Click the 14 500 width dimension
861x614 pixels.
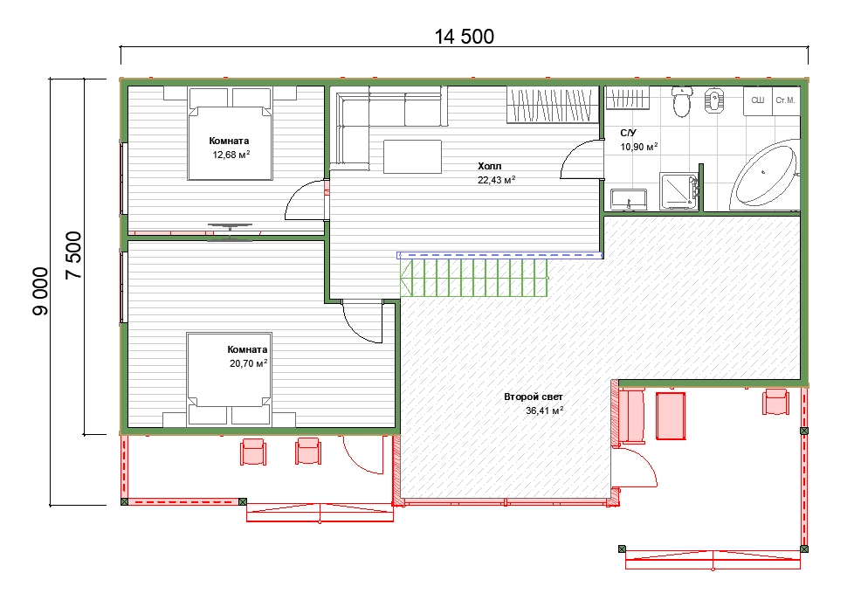click(464, 37)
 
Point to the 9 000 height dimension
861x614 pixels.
click(41, 292)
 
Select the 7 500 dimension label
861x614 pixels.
click(73, 255)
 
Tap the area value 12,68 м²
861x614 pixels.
click(231, 155)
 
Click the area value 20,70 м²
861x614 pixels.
click(249, 363)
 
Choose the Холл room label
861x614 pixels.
click(489, 166)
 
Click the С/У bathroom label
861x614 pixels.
click(628, 133)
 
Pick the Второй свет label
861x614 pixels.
click(534, 397)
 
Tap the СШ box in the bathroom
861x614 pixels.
click(758, 100)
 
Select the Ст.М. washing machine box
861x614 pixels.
click(785, 100)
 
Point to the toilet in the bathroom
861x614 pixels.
click(681, 101)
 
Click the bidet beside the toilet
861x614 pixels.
click(713, 100)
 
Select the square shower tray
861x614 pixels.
click(679, 191)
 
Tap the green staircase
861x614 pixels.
click(474, 278)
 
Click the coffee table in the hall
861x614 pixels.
click(412, 156)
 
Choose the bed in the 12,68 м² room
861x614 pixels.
click(231, 134)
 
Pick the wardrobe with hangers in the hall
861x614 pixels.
click(552, 104)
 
